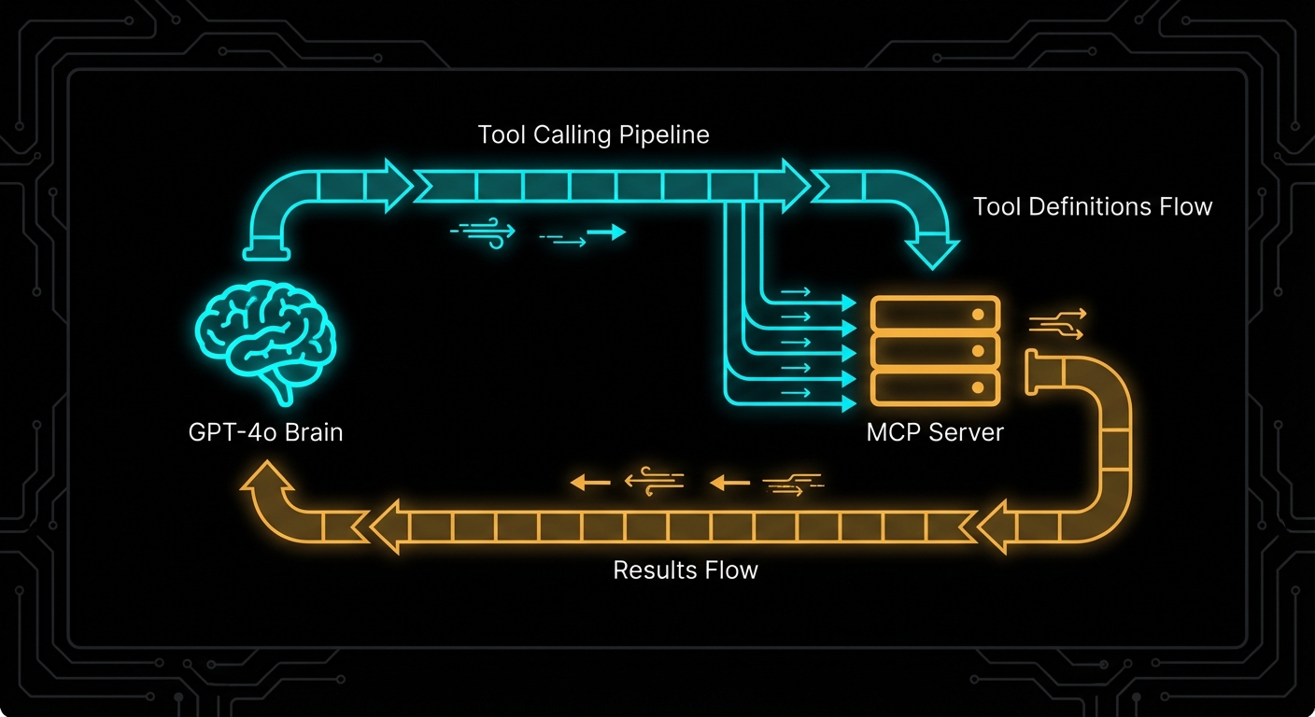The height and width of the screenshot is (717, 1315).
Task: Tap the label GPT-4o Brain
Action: (x=265, y=433)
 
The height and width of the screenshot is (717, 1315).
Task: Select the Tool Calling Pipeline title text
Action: (x=593, y=134)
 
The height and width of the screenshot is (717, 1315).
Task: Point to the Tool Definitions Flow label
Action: (x=1092, y=206)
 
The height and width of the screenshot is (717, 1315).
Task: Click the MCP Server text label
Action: (x=935, y=432)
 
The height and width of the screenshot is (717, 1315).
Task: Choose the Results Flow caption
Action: (x=686, y=569)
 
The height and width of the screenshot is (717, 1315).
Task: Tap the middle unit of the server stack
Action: (x=935, y=351)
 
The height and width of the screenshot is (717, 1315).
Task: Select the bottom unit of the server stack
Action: (x=935, y=386)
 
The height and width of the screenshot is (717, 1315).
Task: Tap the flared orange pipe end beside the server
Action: (x=1035, y=371)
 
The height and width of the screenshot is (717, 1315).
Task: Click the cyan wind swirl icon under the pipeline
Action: (x=484, y=232)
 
